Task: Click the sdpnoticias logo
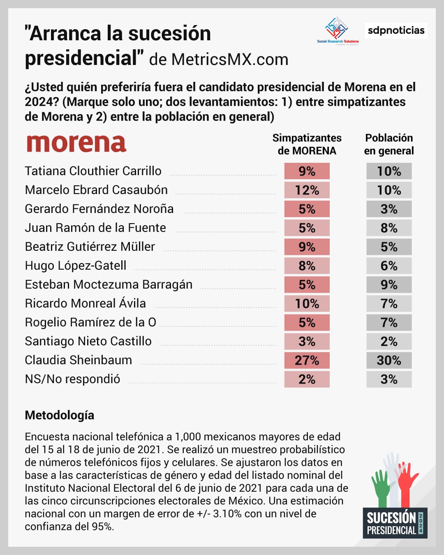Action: point(396,30)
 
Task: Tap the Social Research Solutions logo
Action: point(338,30)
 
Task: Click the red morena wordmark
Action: point(76,143)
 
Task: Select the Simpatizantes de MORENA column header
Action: point(307,144)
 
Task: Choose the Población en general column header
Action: point(389,144)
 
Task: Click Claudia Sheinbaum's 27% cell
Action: point(307,361)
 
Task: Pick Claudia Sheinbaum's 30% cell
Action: point(389,361)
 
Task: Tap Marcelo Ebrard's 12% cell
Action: point(307,190)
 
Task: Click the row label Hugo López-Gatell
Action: point(76,266)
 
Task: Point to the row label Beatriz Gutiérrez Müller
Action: point(90,247)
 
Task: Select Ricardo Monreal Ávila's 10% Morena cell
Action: point(307,304)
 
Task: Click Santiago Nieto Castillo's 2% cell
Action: point(389,342)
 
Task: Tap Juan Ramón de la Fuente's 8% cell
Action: point(389,228)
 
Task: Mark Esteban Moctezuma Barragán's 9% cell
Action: point(389,285)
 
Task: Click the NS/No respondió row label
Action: point(72,379)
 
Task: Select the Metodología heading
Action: point(59,415)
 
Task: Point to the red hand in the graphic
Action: point(407,483)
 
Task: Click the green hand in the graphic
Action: point(382,487)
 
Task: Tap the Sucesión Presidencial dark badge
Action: point(395,523)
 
